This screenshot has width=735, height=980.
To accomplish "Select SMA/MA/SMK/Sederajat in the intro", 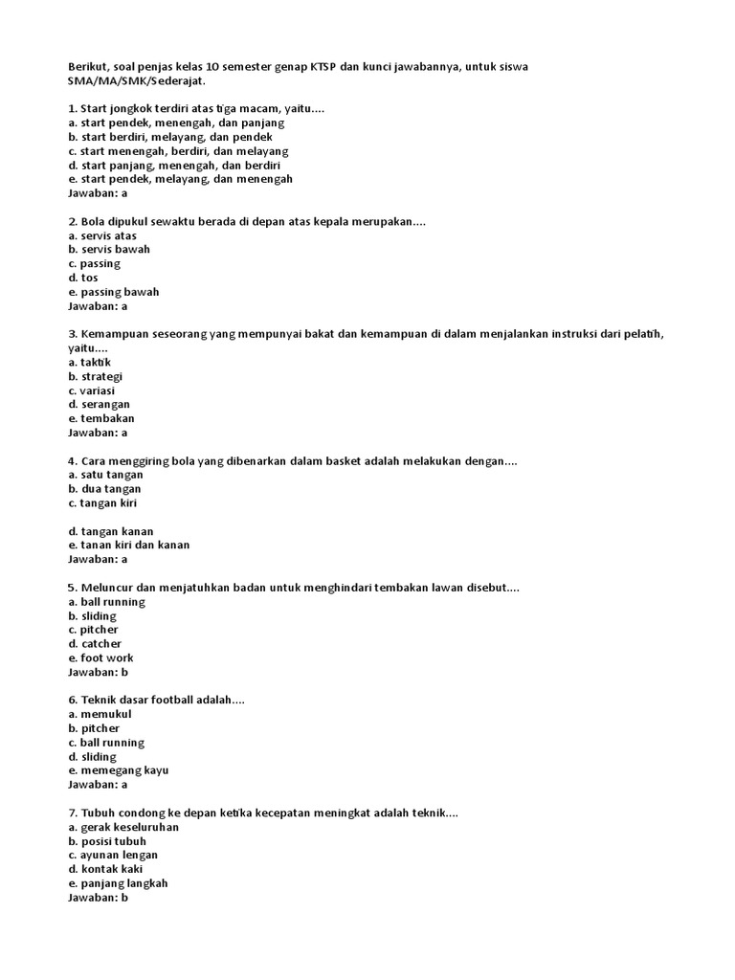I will pyautogui.click(x=136, y=82).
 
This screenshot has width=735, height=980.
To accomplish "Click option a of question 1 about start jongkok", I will pyautogui.click(x=176, y=123).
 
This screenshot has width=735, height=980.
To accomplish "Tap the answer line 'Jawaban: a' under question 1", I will pyautogui.click(x=98, y=193).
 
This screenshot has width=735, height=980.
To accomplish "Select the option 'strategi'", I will pyautogui.click(x=96, y=376).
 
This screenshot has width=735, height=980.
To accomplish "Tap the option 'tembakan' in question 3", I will pyautogui.click(x=101, y=418).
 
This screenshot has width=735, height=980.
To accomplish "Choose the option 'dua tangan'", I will pyautogui.click(x=105, y=489).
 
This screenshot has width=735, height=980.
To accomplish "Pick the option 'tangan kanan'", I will pyautogui.click(x=111, y=531).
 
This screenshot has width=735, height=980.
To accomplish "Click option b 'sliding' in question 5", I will pyautogui.click(x=93, y=616).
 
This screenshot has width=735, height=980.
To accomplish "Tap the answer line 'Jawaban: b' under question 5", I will pyautogui.click(x=98, y=672).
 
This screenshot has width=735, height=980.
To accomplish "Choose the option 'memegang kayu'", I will pyautogui.click(x=119, y=770).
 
